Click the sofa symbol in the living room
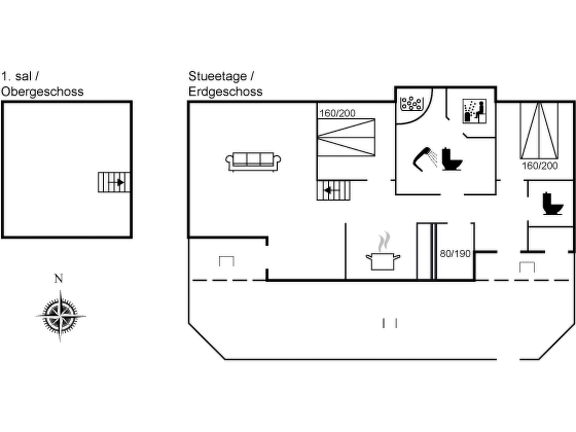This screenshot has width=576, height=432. click(x=253, y=161)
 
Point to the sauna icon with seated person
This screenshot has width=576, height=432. click(x=474, y=111)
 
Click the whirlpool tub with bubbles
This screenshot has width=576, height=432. click(x=411, y=103)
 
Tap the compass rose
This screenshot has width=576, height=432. click(x=60, y=316)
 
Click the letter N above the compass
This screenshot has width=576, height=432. click(x=58, y=279)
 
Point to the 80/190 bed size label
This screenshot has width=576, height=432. click(x=455, y=254)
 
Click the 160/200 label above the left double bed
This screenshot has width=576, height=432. click(x=337, y=113)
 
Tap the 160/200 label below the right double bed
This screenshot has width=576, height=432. click(x=540, y=166)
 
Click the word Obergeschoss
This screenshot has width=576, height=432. click(x=42, y=92)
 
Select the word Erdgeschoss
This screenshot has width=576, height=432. click(x=225, y=92)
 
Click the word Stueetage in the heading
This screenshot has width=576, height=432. click(x=218, y=76)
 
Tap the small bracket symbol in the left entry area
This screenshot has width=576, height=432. click(x=227, y=261)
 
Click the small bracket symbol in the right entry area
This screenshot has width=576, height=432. click(x=527, y=267)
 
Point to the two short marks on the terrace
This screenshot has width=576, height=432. click(x=390, y=323)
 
